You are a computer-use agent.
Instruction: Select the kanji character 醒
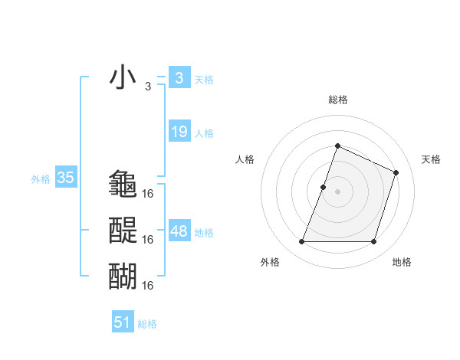click(x=123, y=230)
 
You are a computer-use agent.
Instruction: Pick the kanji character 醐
click(x=123, y=275)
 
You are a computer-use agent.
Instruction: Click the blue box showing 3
click(x=179, y=77)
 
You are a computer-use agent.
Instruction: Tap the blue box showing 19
click(x=179, y=132)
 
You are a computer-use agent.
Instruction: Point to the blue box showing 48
click(x=179, y=231)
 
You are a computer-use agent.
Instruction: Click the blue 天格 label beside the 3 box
click(x=204, y=79)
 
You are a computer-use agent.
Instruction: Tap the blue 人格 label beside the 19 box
click(x=204, y=133)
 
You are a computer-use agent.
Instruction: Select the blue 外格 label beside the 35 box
click(x=41, y=180)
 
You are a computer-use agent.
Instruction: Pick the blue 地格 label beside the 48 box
click(x=204, y=233)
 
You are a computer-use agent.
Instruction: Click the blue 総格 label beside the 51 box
click(x=147, y=324)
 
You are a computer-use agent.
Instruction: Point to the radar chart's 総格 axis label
click(x=337, y=100)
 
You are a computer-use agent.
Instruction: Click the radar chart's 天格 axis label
click(x=432, y=159)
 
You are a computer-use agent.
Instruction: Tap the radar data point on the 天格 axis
click(x=396, y=172)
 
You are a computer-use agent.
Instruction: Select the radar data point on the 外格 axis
click(x=301, y=242)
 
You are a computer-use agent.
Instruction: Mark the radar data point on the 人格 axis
click(x=324, y=187)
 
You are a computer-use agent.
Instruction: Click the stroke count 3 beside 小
click(x=148, y=87)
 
